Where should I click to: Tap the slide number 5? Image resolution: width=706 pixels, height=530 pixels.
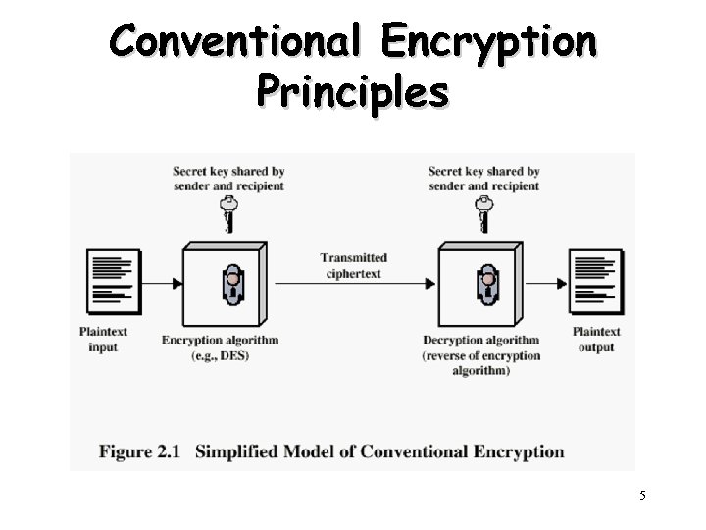point(643,496)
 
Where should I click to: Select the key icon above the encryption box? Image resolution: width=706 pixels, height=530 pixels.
point(228,213)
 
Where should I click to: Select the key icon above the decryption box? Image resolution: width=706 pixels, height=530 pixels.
point(482,213)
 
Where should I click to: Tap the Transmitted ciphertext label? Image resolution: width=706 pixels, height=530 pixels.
point(354,265)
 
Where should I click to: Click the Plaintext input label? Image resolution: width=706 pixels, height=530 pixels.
point(103,340)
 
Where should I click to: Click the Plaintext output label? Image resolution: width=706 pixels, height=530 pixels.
point(596,340)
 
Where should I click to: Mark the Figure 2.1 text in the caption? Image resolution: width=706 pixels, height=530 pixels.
point(140,452)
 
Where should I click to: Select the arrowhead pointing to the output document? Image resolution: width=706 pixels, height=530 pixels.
point(562,284)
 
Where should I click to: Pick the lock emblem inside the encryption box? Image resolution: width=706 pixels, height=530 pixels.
point(232,284)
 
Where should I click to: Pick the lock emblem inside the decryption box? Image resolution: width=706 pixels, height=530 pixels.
point(486,284)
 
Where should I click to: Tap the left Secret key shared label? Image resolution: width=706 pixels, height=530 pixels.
point(228,179)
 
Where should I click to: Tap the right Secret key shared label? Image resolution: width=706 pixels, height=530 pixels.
point(483,179)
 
